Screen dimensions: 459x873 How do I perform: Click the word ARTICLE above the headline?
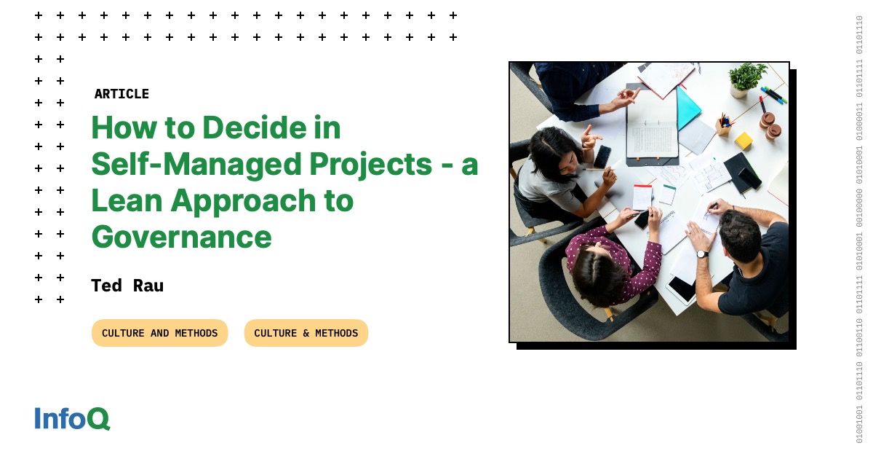pos(121,94)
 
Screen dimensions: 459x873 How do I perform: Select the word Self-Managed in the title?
pos(196,165)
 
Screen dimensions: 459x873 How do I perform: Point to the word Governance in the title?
pos(181,237)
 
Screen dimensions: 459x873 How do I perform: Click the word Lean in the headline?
pos(129,200)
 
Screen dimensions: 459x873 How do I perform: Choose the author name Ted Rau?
pos(127,286)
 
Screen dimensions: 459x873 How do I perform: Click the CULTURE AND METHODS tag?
pos(159,333)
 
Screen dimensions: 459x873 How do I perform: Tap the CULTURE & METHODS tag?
pos(306,333)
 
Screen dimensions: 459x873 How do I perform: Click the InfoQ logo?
pos(72,419)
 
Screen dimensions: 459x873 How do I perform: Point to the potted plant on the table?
pos(747,78)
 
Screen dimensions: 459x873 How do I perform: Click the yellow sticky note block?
pos(743,140)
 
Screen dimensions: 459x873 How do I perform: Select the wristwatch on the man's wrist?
pos(701,254)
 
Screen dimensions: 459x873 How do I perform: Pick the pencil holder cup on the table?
pos(722,126)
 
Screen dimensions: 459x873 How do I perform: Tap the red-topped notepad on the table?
pos(642,197)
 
